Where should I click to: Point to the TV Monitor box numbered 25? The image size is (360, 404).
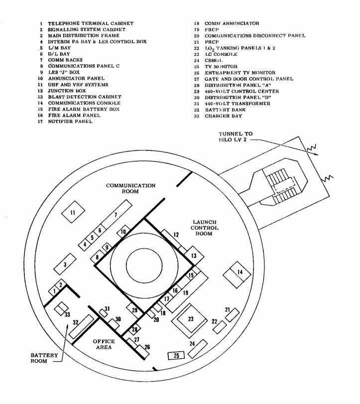176,355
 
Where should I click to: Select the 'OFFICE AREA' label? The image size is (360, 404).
104,344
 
